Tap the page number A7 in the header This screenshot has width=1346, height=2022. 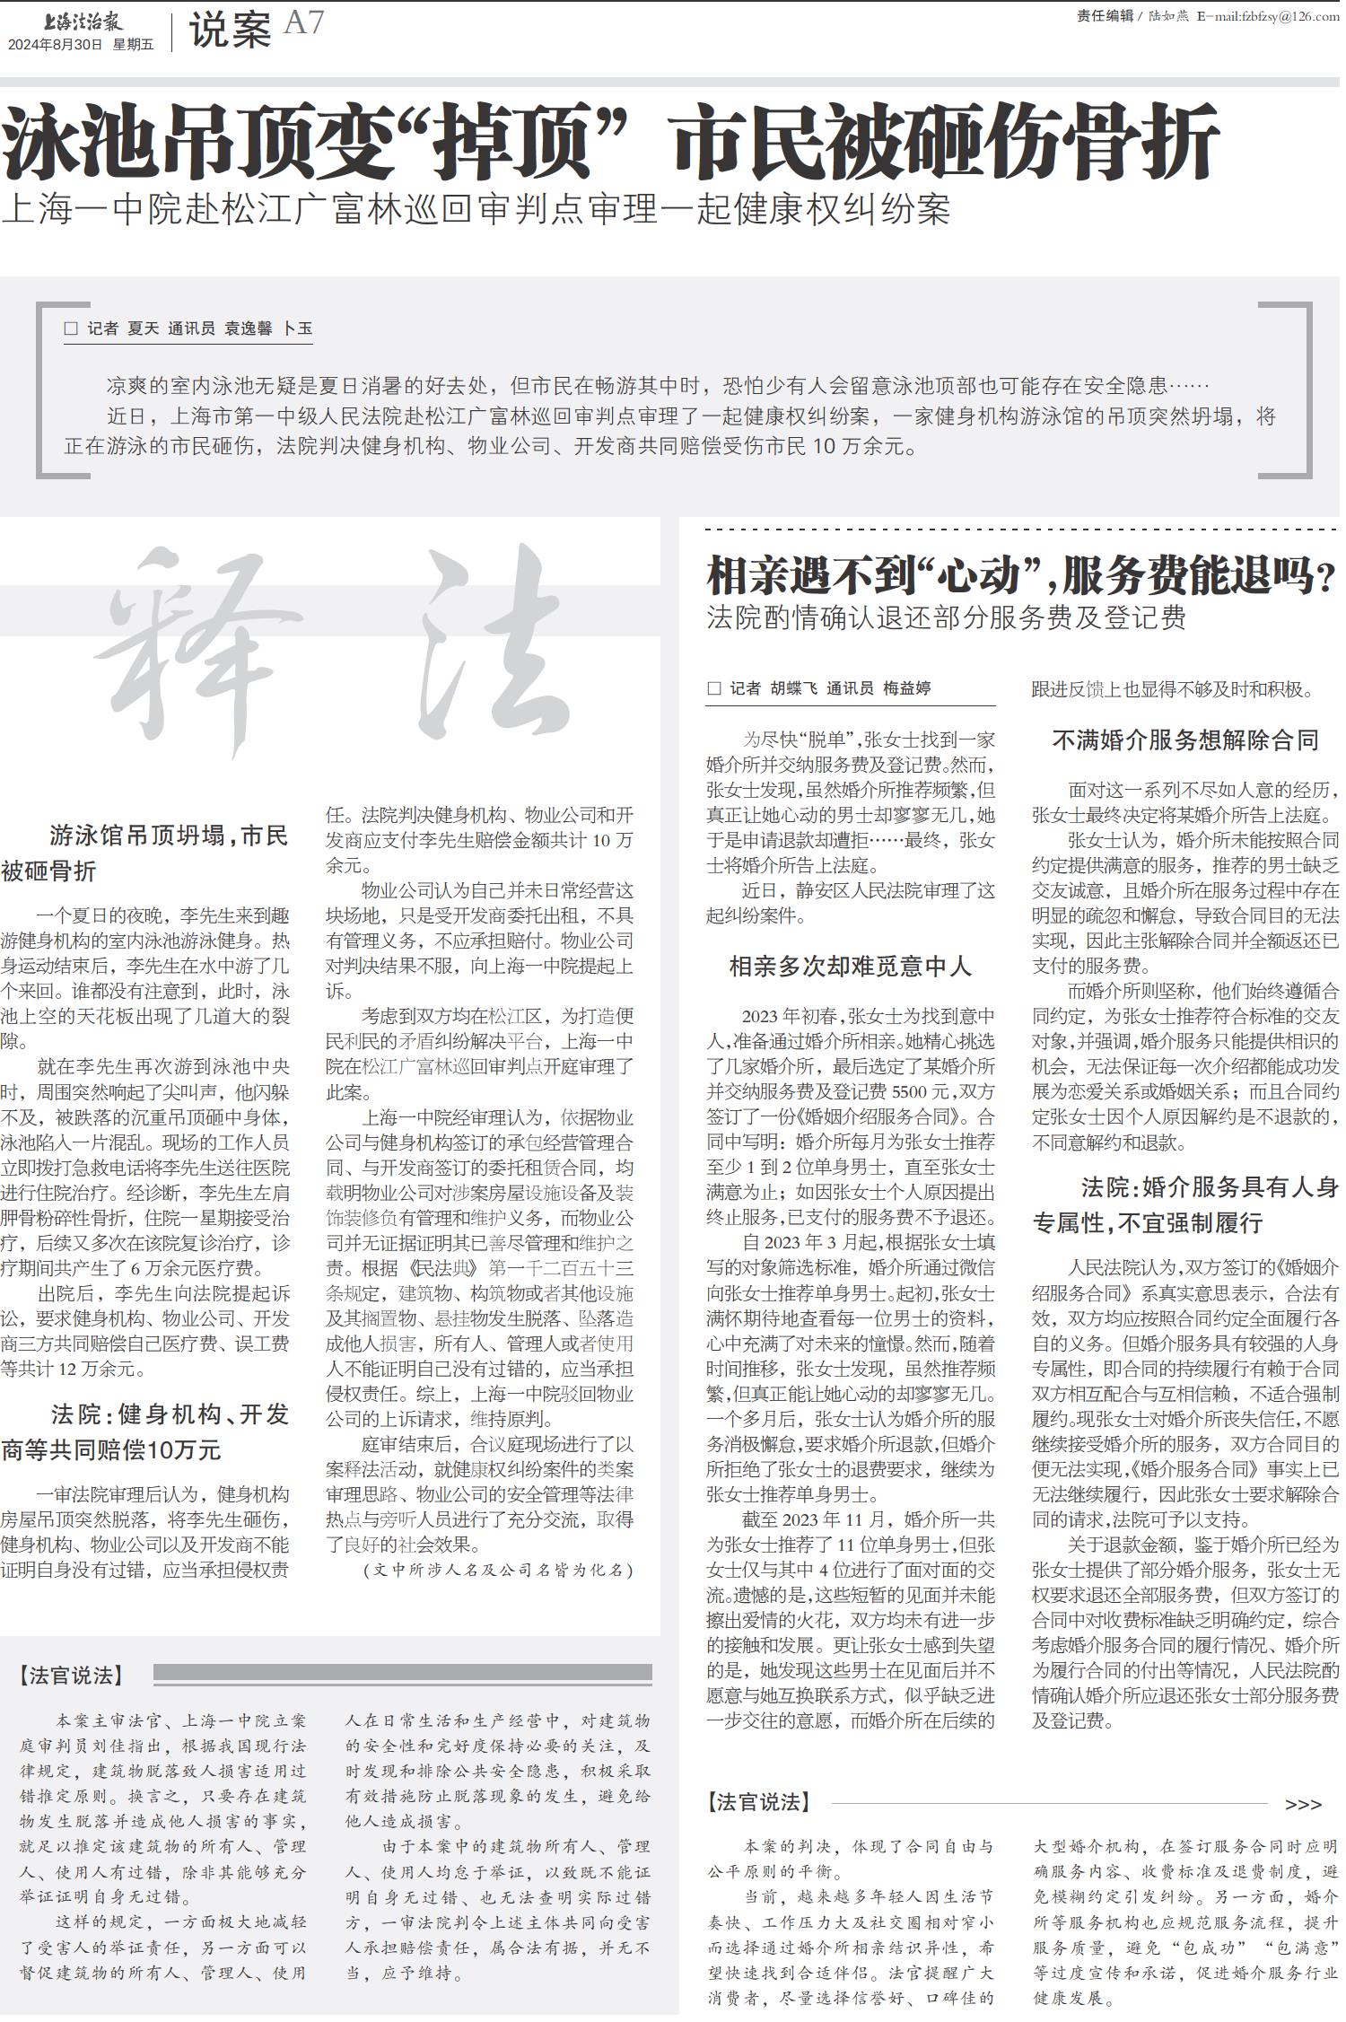click(303, 23)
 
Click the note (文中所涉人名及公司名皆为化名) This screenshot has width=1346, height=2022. click(498, 1570)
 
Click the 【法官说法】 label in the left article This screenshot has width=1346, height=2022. click(70, 1676)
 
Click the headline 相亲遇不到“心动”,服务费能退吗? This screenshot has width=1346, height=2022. click(1021, 576)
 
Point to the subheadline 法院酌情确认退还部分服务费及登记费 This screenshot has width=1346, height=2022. click(947, 617)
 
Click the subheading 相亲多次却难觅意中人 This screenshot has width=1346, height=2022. click(850, 967)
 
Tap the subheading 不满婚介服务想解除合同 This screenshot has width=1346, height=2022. click(1184, 740)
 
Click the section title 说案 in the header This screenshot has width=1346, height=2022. click(230, 32)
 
